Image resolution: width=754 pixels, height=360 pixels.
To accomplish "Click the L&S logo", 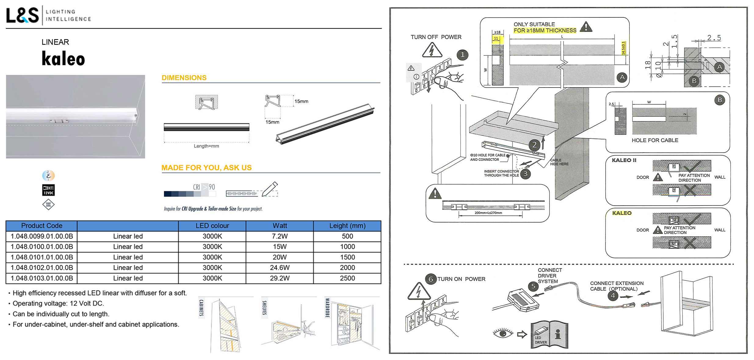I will point(23,15).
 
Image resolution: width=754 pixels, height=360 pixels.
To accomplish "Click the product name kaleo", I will point(63,59).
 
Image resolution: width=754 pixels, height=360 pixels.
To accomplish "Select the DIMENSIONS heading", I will point(184,78).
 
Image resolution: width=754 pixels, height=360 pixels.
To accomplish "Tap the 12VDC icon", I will point(48,190).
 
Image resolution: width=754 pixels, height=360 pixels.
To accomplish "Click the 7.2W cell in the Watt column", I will point(280,236).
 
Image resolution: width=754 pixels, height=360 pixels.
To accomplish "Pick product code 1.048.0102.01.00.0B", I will point(42,268).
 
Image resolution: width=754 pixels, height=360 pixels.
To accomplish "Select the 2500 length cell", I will point(347,278).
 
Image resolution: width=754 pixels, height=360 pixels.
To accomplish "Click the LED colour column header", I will point(212,226).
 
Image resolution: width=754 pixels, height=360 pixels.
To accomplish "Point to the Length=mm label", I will point(206,146).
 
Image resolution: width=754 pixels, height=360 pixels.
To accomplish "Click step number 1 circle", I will point(462,55).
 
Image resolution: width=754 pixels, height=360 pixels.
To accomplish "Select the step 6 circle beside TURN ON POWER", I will point(431,279).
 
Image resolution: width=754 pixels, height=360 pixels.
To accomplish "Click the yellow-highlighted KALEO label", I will point(622,213).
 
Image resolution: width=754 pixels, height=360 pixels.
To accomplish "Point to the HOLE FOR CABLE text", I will point(655,140).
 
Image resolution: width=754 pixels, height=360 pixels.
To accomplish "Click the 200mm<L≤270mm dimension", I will point(488,213).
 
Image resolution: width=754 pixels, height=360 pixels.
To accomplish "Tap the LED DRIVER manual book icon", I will point(549,335).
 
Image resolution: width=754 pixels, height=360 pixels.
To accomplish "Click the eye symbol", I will point(503,333).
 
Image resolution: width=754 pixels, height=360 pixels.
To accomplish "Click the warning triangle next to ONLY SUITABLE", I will point(586,27).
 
